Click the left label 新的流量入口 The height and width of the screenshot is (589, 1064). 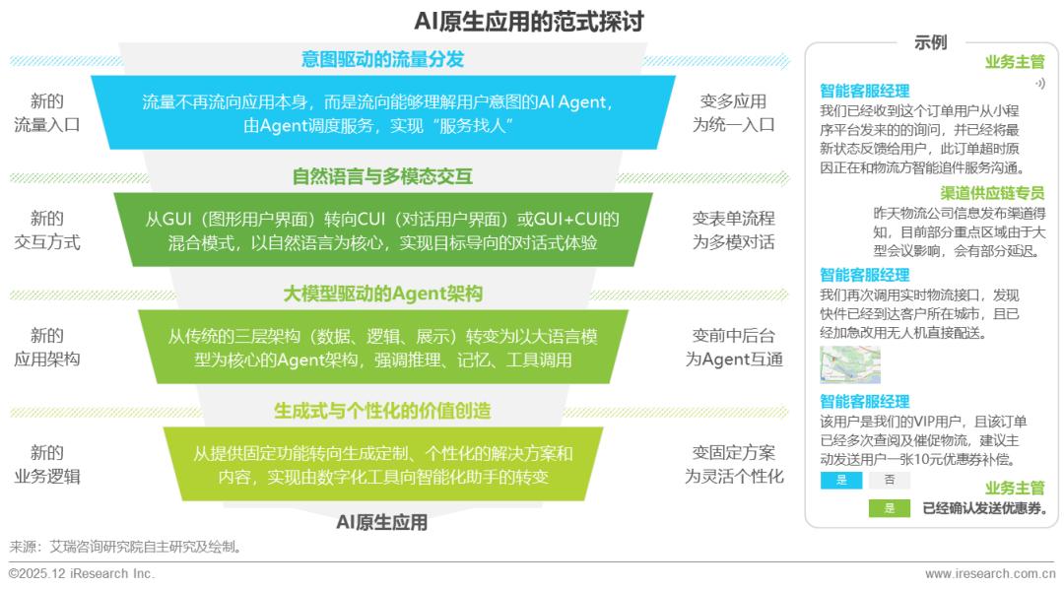47,112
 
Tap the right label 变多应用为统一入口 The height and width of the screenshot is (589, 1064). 734,112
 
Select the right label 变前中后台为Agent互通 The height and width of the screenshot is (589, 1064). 734,347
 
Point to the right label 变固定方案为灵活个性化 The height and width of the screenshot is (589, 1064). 734,464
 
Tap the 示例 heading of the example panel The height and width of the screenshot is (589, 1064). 930,42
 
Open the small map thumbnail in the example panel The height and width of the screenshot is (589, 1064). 849,364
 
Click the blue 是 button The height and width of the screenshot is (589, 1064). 841,481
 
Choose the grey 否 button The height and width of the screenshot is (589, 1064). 889,481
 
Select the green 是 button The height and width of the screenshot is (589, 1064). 889,508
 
